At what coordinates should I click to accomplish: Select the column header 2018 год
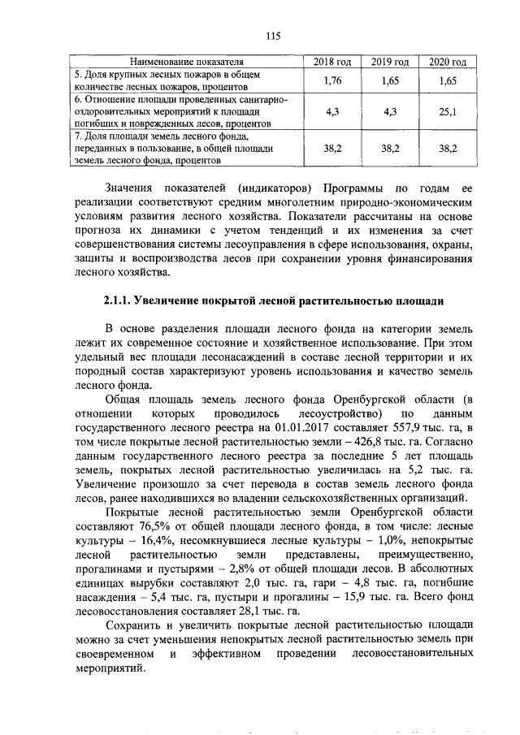coord(331,62)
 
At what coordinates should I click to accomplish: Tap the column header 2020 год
coord(448,62)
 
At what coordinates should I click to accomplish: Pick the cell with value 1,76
coord(331,81)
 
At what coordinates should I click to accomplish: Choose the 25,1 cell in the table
coord(448,111)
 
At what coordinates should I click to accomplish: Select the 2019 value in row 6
coord(389,111)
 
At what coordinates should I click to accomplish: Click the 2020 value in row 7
coord(448,149)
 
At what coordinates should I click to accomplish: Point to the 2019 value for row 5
coord(389,81)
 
